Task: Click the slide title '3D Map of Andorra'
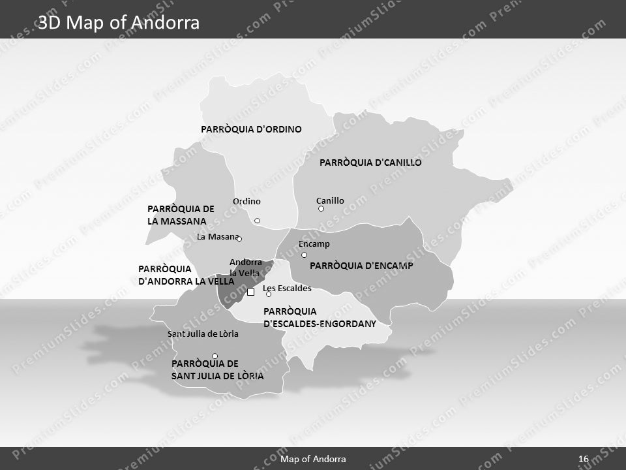click(x=119, y=23)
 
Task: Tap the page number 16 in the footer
click(x=584, y=460)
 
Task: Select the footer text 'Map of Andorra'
click(x=313, y=460)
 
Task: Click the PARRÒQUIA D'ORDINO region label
click(x=251, y=129)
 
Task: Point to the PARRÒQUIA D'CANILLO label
click(x=370, y=163)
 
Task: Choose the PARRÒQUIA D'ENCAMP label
click(x=361, y=266)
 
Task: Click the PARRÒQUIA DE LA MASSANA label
click(x=181, y=215)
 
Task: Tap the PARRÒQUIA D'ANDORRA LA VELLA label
click(x=186, y=275)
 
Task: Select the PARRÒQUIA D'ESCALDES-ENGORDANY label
click(x=320, y=317)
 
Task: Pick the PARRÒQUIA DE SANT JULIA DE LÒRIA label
click(x=217, y=369)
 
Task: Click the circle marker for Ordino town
click(x=257, y=221)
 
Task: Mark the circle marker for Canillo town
click(x=321, y=209)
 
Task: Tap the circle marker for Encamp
click(x=304, y=255)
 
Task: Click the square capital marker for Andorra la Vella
click(x=250, y=292)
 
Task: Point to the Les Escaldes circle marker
click(x=269, y=294)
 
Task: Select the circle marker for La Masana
click(x=239, y=239)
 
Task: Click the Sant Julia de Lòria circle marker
click(x=215, y=356)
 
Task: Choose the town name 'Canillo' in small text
click(x=330, y=200)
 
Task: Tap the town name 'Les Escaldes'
click(x=287, y=288)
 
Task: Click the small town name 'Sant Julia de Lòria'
click(x=203, y=334)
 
